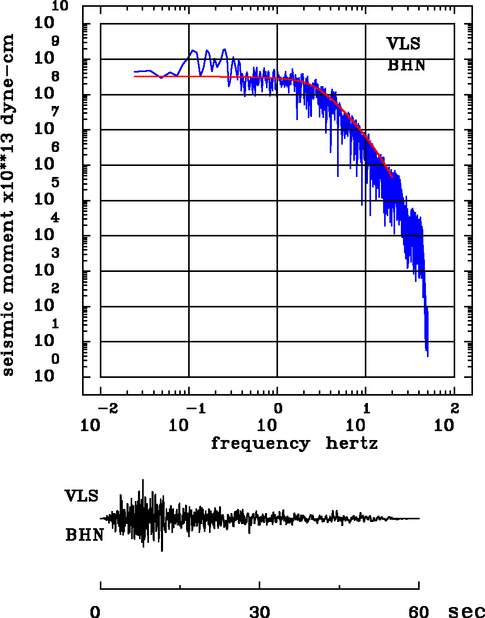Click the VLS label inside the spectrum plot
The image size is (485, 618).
(x=403, y=44)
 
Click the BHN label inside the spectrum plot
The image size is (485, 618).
(x=406, y=66)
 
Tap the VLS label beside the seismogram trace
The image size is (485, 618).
(x=82, y=495)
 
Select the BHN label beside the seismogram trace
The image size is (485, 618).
(x=84, y=535)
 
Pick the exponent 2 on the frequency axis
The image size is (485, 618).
(x=454, y=407)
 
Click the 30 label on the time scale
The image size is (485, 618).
(x=260, y=611)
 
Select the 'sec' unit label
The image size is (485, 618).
(x=466, y=611)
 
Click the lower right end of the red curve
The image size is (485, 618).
(x=392, y=177)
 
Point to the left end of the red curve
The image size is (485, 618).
(x=134, y=76)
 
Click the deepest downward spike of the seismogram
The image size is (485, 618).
(x=162, y=551)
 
